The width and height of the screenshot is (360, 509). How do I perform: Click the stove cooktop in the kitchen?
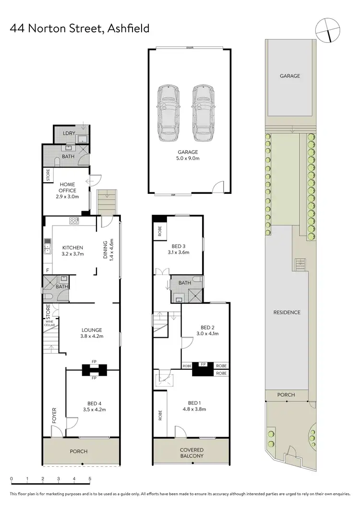[x=74, y=221]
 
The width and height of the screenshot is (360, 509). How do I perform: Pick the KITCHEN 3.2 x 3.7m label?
[x=72, y=251]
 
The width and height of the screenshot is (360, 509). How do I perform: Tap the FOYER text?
[x=54, y=415]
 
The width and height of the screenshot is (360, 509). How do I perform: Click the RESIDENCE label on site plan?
[x=287, y=312]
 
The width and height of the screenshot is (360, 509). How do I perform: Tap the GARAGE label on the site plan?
[x=290, y=76]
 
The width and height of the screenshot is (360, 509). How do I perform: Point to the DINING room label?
[x=108, y=249]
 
